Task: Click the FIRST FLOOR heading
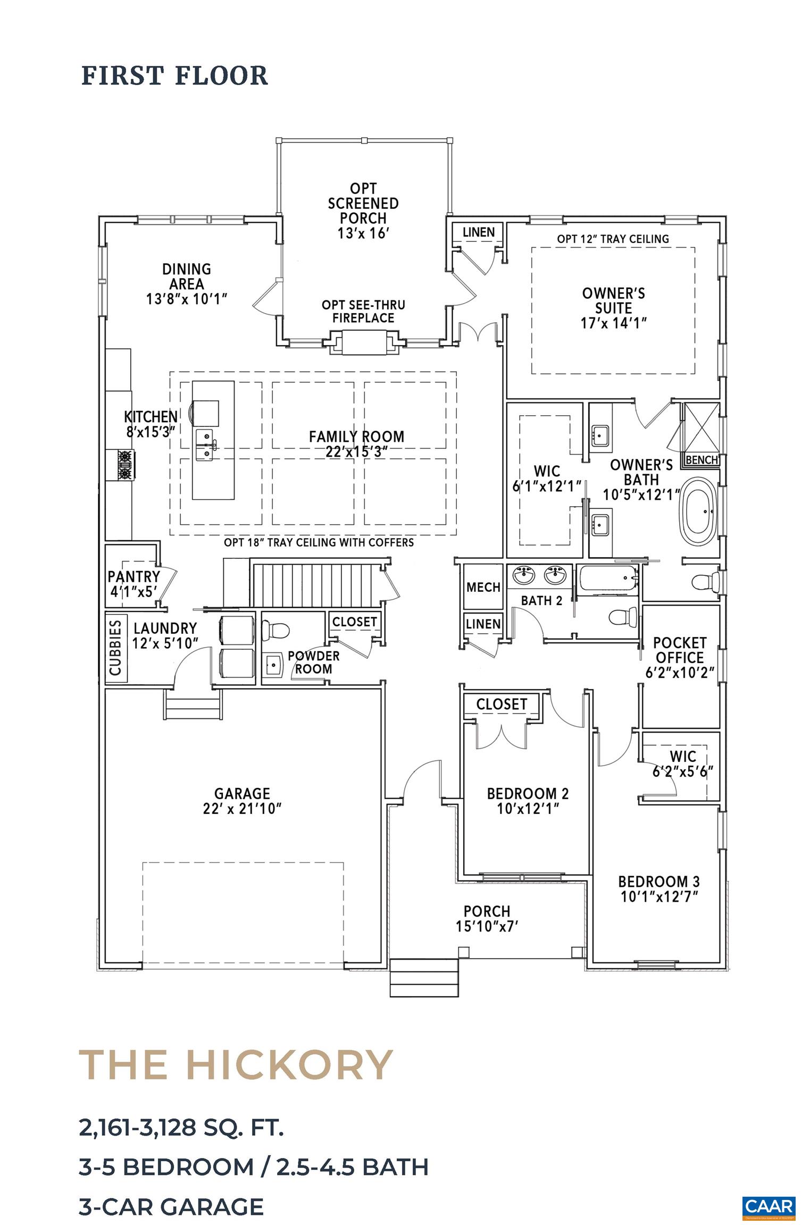pyautogui.click(x=174, y=75)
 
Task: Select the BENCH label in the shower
pyautogui.click(x=702, y=460)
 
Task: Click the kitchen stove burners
pyautogui.click(x=125, y=464)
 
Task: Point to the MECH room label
pyautogui.click(x=483, y=588)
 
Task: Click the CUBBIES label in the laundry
pyautogui.click(x=115, y=648)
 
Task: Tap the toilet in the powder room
pyautogui.click(x=277, y=631)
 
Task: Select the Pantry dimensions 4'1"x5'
pyautogui.click(x=133, y=592)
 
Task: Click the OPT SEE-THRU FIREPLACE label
pyautogui.click(x=363, y=312)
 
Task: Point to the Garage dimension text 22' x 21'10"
pyautogui.click(x=242, y=809)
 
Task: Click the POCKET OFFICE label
pyautogui.click(x=679, y=650)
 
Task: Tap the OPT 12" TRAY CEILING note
pyautogui.click(x=613, y=239)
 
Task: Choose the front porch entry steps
pyautogui.click(x=424, y=977)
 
